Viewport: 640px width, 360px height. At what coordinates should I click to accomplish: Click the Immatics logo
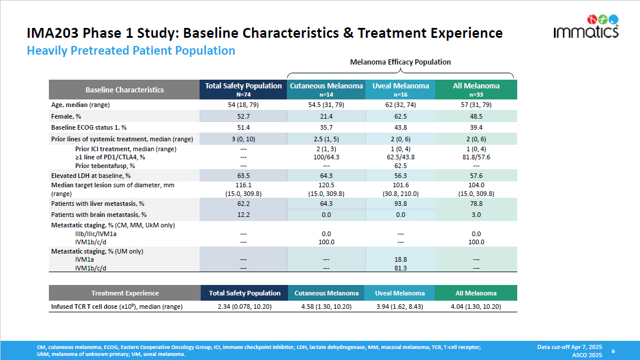tap(586, 27)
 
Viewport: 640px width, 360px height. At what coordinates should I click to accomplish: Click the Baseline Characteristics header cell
tap(125, 90)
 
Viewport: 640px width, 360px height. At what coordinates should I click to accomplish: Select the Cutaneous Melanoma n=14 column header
tap(326, 89)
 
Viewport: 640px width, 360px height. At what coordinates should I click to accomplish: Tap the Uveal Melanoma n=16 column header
tap(401, 89)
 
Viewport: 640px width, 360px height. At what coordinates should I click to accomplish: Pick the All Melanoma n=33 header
tap(476, 89)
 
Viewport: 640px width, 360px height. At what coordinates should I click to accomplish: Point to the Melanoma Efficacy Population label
tap(400, 62)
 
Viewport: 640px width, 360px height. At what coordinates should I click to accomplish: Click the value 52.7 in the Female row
tap(243, 117)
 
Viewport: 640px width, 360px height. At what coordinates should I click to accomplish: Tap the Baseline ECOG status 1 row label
tap(89, 127)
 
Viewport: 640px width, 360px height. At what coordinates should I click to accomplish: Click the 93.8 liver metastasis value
tap(401, 204)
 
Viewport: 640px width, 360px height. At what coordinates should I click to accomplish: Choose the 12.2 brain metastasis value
tap(243, 215)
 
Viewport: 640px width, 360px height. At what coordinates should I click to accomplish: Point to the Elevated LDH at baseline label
tap(91, 175)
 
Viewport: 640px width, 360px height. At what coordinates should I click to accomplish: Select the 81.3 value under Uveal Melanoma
tap(401, 268)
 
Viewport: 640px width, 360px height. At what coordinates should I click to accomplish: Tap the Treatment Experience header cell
tap(125, 293)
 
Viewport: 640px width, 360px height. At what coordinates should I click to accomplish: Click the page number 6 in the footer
tap(613, 351)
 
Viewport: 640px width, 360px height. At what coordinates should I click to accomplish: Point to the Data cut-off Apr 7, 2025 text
tap(570, 347)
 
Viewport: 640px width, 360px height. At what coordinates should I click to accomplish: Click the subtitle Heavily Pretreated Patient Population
tap(131, 51)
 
